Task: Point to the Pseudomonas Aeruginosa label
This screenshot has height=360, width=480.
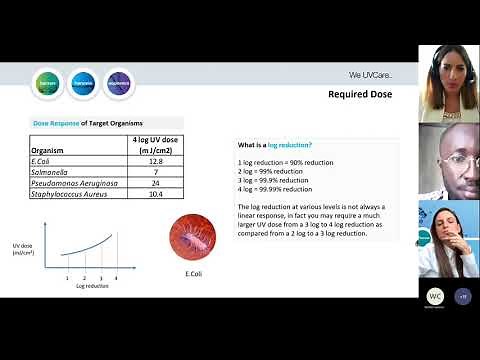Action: pyautogui.click(x=70, y=183)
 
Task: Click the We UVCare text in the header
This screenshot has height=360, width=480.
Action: pyautogui.click(x=370, y=75)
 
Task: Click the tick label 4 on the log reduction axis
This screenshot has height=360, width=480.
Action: pyautogui.click(x=116, y=277)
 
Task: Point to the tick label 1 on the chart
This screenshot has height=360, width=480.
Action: pyautogui.click(x=67, y=277)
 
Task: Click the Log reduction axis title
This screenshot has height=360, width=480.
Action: pyautogui.click(x=92, y=286)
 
